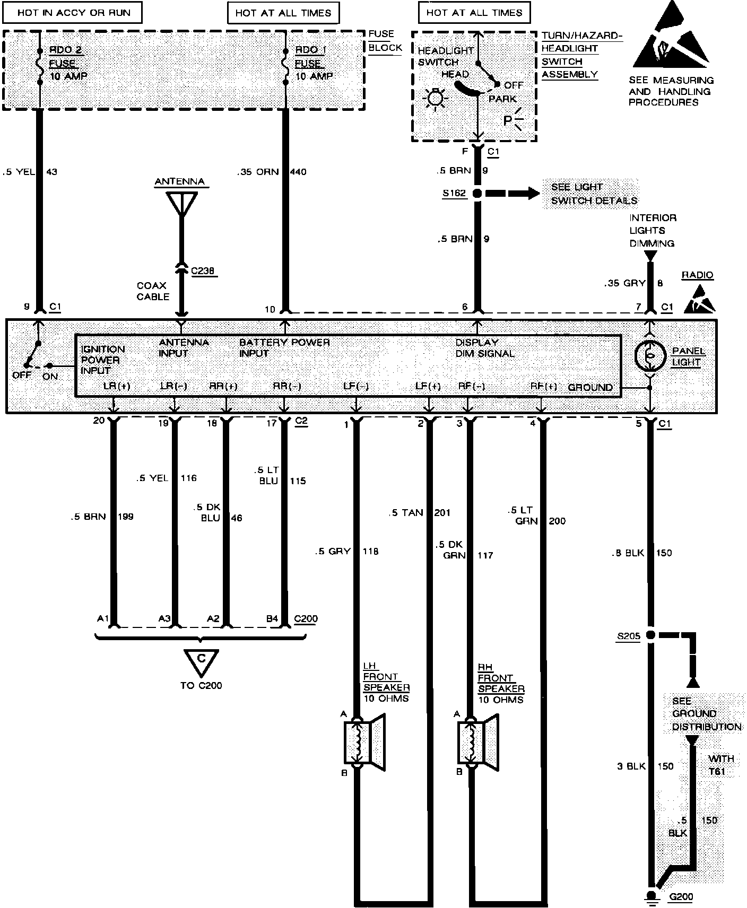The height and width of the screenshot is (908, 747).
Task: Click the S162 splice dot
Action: [477, 194]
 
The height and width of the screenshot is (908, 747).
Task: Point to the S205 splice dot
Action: [650, 635]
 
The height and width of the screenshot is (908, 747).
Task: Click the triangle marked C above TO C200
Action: [201, 660]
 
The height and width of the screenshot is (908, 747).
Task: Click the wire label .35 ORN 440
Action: [272, 172]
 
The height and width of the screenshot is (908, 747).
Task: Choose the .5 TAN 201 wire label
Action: [419, 512]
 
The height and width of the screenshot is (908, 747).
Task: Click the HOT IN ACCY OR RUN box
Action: [73, 13]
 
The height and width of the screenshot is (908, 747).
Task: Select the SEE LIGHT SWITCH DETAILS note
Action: [593, 194]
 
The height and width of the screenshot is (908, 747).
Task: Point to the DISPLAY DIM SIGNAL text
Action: [485, 348]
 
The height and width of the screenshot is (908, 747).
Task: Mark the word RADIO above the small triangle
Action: [697, 275]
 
